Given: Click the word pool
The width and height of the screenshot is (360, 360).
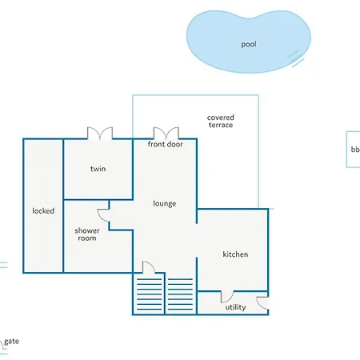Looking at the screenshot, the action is tap(249, 44).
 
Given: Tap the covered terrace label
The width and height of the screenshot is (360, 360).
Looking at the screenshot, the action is tap(221, 122).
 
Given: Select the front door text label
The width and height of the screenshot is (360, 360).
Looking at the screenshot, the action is tap(166, 144).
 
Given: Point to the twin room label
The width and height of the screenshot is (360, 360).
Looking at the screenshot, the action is tap(98, 169).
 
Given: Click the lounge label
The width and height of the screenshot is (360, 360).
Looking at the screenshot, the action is tap(165, 204).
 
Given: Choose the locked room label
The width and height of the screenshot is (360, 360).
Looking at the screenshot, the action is tap(43, 211).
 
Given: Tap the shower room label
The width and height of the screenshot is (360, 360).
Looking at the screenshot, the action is tap(87, 234).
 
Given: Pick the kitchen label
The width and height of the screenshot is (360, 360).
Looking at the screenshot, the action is tap(235, 254).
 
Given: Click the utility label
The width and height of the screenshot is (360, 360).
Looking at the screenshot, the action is tap(235, 307).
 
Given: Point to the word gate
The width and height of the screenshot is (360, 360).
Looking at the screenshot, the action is tap(12, 342).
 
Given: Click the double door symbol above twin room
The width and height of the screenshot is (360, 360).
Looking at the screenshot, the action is tap(100, 134).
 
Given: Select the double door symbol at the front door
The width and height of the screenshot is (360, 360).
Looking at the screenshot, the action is tap(166, 134).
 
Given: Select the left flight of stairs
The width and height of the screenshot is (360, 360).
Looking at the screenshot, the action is tap(150, 294).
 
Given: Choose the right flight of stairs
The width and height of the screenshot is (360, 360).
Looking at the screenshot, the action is tap(180, 294).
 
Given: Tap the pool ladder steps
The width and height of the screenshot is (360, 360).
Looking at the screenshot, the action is tap(295, 58).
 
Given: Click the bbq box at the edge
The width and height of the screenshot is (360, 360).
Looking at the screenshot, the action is tap(353, 150).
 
